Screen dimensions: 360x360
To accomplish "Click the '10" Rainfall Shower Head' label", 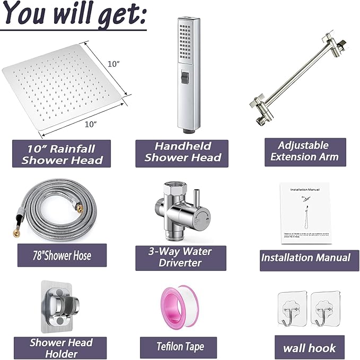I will tap(62, 154).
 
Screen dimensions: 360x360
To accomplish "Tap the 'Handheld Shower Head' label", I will tap(182, 152).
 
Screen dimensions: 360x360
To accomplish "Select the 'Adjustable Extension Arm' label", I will tap(304, 151).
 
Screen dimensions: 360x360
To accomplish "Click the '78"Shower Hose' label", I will tap(62, 256).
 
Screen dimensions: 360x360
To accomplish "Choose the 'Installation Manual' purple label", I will tap(306, 258).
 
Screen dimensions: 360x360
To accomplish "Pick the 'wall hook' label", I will tap(306, 348).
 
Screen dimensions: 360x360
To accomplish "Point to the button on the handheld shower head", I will tap(186, 78).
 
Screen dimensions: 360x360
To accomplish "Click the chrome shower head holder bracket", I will tap(62, 308).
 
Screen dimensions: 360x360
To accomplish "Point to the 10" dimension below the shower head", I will tap(91, 124).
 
